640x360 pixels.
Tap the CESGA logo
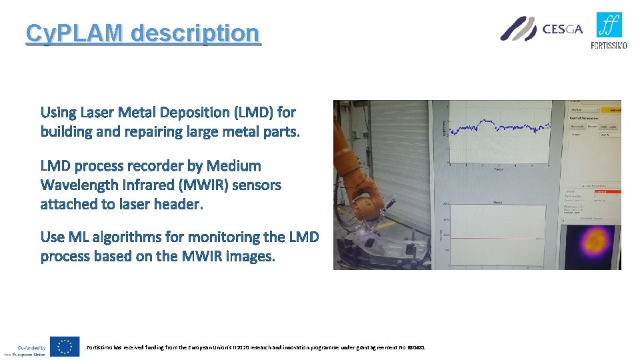541,29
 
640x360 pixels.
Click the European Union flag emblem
65,347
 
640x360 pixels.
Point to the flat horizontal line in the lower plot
507,239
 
